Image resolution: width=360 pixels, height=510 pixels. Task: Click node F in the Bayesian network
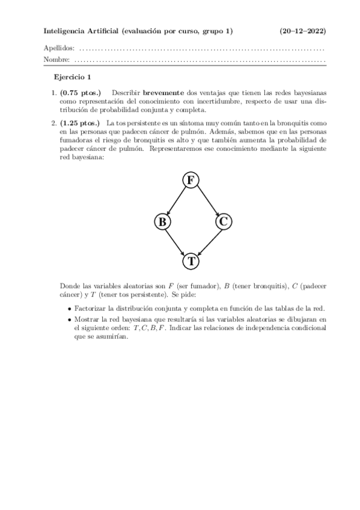point(191,180)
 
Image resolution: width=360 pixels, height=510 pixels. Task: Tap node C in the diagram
point(222,221)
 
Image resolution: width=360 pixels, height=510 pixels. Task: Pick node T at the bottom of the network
point(191,261)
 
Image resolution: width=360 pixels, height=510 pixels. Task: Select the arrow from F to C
point(207,200)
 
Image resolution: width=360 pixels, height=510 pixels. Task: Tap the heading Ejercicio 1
point(72,77)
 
